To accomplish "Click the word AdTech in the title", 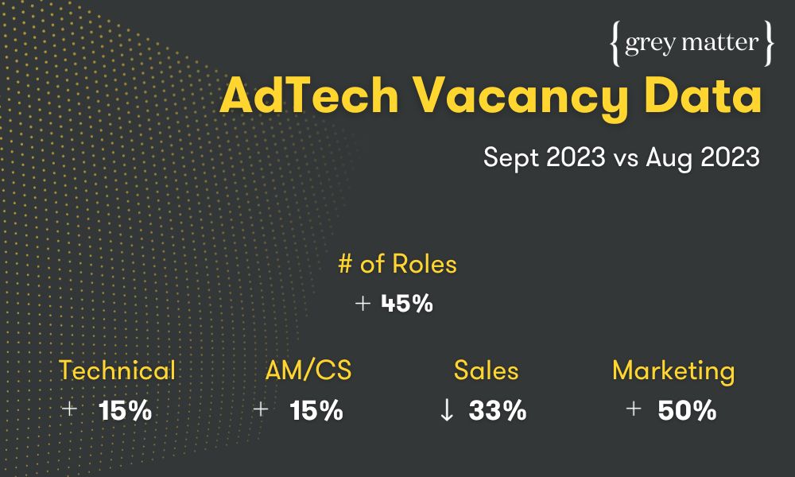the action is point(309,95).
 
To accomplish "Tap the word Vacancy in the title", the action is point(522,99).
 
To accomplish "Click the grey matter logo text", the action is point(692,44).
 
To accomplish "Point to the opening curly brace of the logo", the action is point(615,44).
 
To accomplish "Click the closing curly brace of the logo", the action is point(769,44).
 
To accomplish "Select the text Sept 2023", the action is point(544,157).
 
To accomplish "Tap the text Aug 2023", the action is point(703,157).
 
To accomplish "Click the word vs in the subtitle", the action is point(626,160).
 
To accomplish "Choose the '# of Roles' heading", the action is point(397,264).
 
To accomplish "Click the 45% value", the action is point(407,303).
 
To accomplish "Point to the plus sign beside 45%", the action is point(363,303).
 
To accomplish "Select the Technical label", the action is point(117,370).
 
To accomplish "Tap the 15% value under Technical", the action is point(126,410).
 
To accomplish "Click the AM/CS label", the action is point(308,370).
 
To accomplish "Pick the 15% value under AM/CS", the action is point(316,410).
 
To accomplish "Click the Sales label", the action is point(487,370).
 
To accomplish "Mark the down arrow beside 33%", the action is point(447,410).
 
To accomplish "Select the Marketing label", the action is point(673,371).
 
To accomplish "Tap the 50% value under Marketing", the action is point(687,410).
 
